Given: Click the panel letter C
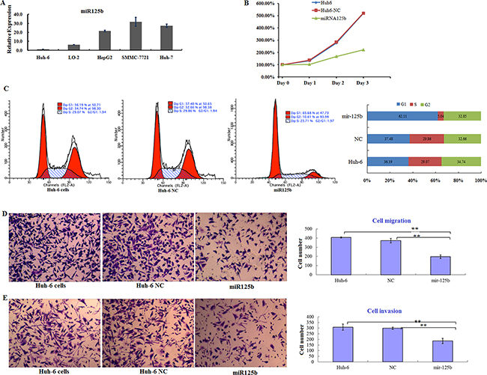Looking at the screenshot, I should [6, 88].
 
